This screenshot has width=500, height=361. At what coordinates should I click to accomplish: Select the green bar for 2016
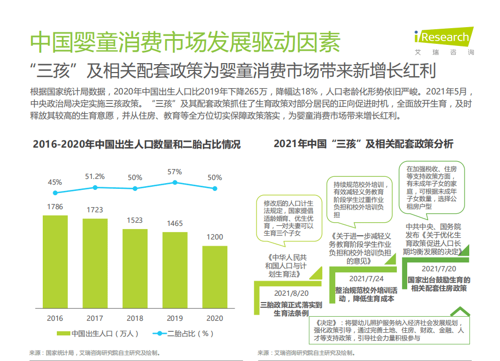pyautogui.click(x=55, y=261)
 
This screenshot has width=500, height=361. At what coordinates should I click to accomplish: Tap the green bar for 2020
pyautogui.click(x=215, y=276)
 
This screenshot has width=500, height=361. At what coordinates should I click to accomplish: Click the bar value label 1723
pyautogui.click(x=95, y=210)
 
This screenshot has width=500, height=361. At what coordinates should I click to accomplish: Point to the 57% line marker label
pyautogui.click(x=175, y=172)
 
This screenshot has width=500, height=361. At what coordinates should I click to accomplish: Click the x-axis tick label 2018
pyautogui.click(x=135, y=318)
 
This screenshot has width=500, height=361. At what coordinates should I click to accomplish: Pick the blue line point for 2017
pyautogui.click(x=95, y=187)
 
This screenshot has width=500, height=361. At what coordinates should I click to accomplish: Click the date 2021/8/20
pyautogui.click(x=291, y=293)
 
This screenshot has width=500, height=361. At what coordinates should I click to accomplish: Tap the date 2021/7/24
pyautogui.click(x=366, y=279)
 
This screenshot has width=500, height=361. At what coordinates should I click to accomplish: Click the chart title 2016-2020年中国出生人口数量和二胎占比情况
pyautogui.click(x=137, y=145)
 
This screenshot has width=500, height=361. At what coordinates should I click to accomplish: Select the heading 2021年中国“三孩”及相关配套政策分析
pyautogui.click(x=363, y=144)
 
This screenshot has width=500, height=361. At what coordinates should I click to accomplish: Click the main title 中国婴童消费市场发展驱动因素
pyautogui.click(x=185, y=42)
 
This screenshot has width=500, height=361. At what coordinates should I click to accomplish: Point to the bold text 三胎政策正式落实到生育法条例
pyautogui.click(x=291, y=309)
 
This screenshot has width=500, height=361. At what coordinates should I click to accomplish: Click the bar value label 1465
pyautogui.click(x=175, y=223)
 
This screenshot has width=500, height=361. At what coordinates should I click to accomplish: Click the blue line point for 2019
pyautogui.click(x=175, y=183)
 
